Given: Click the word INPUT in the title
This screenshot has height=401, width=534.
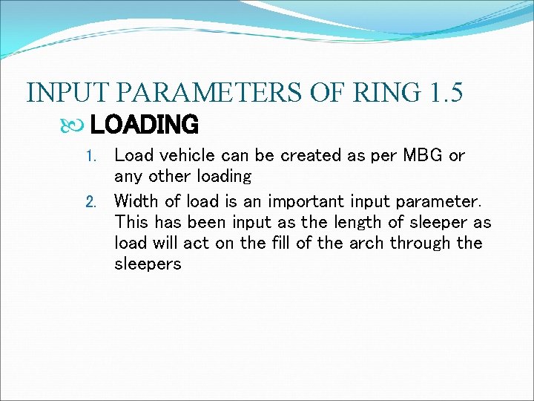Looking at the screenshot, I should [x=68, y=93].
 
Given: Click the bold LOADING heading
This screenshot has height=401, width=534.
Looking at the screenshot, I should [x=144, y=124].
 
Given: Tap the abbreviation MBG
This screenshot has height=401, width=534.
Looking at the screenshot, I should [x=423, y=156].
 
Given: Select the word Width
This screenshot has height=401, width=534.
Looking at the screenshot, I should [x=136, y=200].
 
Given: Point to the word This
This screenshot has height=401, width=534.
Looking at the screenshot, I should [x=131, y=222].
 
